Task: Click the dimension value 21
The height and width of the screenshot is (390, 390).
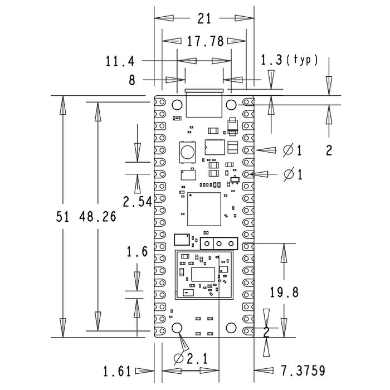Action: coord(204,19)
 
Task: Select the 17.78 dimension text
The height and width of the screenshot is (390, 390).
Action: coord(204,41)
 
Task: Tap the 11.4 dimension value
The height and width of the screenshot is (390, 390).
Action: coord(119,61)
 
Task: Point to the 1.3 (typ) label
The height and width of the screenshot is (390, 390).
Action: coord(289,60)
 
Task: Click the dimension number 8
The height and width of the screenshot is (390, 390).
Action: coord(132,80)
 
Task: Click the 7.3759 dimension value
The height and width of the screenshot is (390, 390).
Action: coord(303,370)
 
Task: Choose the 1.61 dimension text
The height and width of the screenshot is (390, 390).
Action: coord(117,370)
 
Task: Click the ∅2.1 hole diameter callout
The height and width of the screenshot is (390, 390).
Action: coord(191,358)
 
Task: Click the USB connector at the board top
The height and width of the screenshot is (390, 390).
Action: coord(204,103)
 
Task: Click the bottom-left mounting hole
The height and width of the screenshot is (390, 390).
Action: coord(178,328)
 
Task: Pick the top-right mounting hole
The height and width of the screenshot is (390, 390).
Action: coord(232,104)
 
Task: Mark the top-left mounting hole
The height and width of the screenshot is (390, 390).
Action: coord(178,104)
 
